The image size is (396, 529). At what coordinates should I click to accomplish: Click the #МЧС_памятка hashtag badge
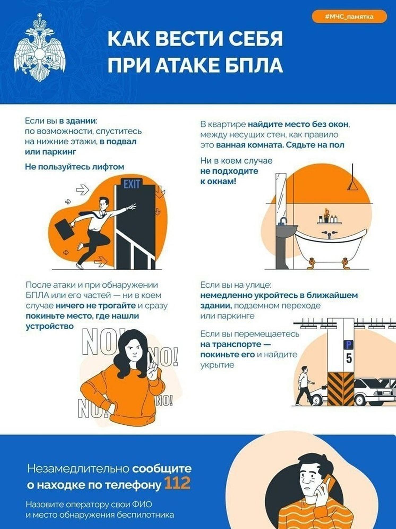coord(349,16)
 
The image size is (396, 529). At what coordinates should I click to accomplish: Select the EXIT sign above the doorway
coord(132,184)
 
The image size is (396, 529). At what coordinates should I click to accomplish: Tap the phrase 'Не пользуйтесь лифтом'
coord(75,167)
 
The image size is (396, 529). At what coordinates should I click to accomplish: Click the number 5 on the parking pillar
coord(349,359)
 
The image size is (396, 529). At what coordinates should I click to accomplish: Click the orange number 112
coord(177,483)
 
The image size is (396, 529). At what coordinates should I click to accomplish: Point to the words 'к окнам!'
coord(218,182)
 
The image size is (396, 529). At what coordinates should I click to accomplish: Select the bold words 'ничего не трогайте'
coord(96,305)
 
